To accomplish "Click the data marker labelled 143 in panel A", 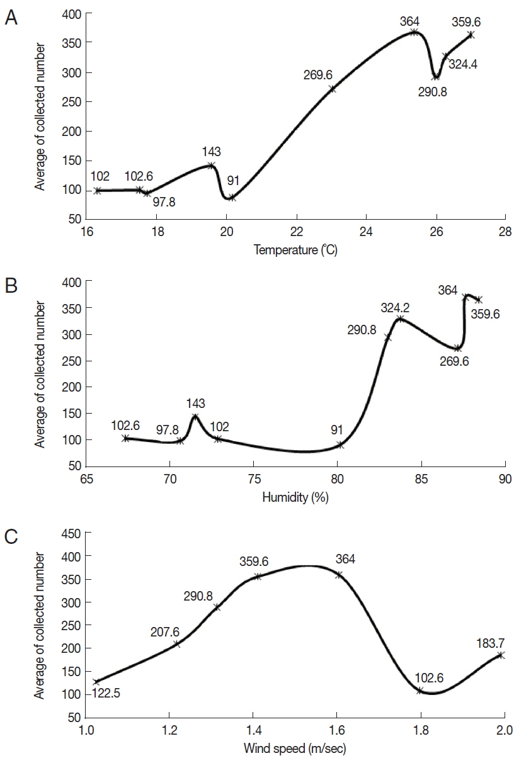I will click(211, 166).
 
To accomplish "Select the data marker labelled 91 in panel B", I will click(341, 444).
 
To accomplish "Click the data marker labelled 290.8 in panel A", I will click(435, 77).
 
